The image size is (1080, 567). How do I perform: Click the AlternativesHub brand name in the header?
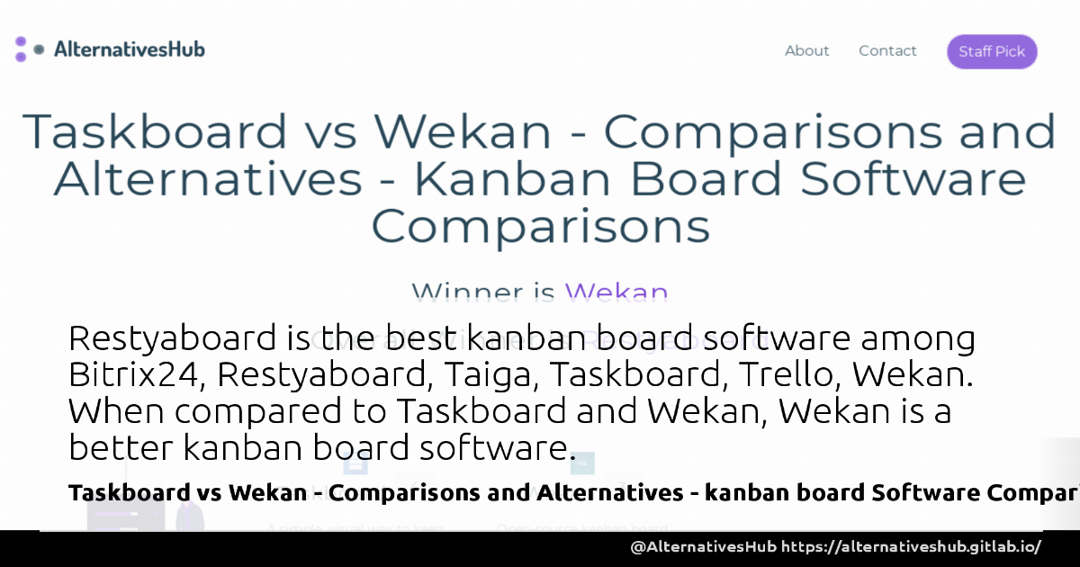tap(129, 49)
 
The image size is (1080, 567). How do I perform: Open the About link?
tap(806, 51)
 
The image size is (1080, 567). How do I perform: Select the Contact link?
tap(887, 51)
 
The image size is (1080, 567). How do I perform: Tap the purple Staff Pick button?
tap(992, 51)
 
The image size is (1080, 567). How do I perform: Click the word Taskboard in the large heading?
tap(154, 131)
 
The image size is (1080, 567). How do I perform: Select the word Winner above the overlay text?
tap(467, 292)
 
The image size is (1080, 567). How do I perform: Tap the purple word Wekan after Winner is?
tap(616, 292)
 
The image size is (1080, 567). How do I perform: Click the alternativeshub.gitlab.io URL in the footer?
tap(911, 547)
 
